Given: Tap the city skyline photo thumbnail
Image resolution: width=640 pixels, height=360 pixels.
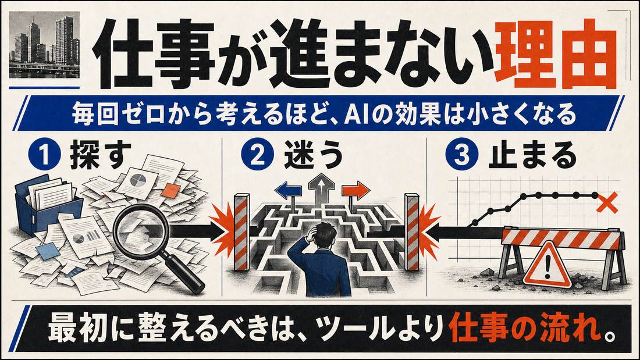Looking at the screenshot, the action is (44, 44).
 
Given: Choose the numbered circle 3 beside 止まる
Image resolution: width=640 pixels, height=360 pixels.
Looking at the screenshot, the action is (461, 155).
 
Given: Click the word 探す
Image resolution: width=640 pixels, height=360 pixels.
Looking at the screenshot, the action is (101, 155).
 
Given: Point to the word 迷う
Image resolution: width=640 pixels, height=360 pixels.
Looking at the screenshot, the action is (313, 155).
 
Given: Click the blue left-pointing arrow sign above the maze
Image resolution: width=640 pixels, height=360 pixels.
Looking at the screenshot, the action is (289, 190).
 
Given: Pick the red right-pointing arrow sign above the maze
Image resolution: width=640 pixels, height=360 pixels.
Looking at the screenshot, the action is (355, 190).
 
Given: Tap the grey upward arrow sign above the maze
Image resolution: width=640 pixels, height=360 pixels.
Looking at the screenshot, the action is (321, 186).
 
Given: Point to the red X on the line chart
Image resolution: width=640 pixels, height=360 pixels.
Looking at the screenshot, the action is (606, 204).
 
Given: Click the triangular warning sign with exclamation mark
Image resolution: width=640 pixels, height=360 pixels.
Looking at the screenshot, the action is (547, 266).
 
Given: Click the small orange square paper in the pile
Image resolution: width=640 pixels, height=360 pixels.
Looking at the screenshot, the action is (170, 190).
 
